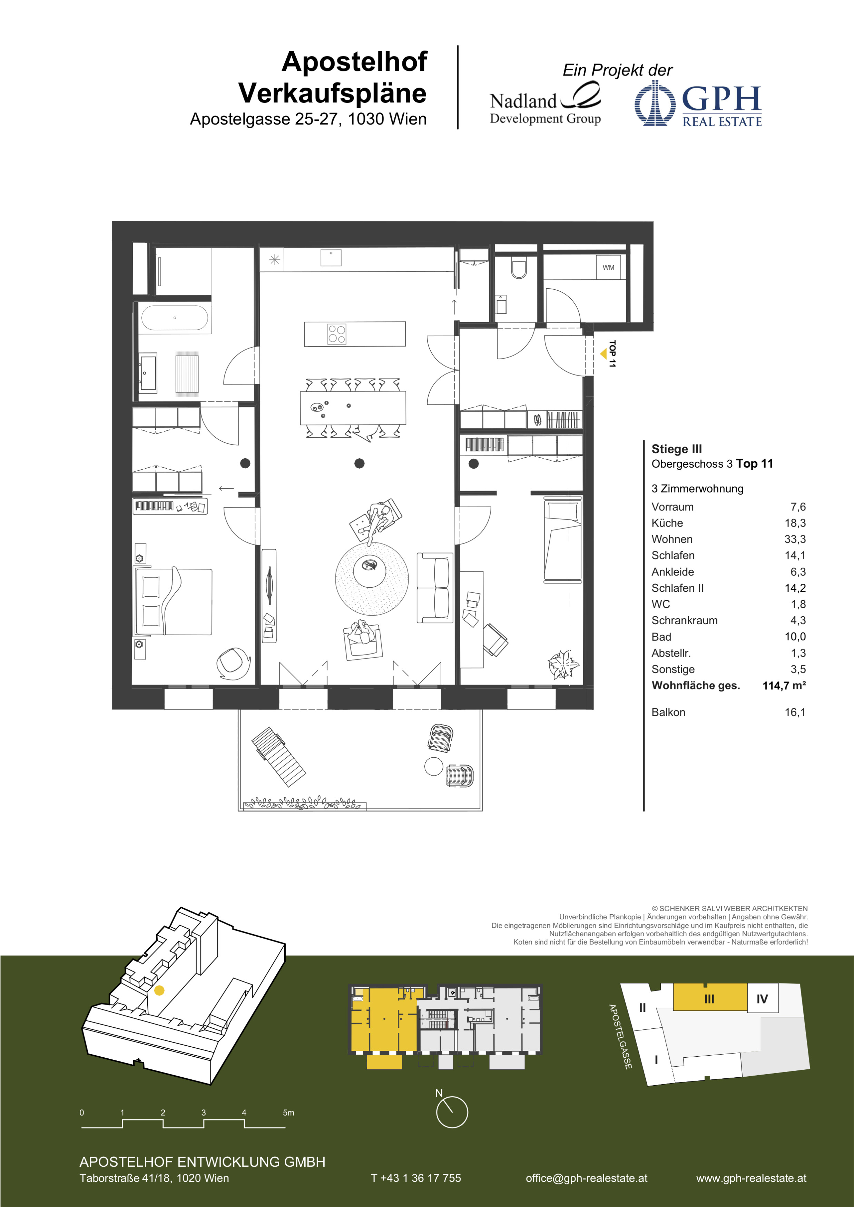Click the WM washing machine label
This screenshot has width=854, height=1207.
[608, 268]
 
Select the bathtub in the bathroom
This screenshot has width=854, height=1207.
[175, 318]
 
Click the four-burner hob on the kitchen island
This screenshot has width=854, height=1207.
[336, 334]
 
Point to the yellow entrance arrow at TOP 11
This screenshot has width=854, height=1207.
[603, 354]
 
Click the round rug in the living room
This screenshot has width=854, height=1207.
[372, 578]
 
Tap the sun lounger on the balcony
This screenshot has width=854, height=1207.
[278, 757]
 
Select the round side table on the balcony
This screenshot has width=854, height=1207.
[434, 767]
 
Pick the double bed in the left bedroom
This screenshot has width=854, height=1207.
[174, 601]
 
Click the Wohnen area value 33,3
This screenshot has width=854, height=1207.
[795, 539]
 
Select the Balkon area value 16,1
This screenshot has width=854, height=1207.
[795, 712]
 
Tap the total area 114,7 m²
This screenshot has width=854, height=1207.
[784, 686]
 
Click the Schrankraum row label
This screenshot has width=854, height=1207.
[684, 620]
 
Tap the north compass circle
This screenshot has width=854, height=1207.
[452, 1112]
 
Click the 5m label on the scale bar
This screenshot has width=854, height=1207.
[289, 1113]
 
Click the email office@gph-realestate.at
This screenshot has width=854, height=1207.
[586, 1178]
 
